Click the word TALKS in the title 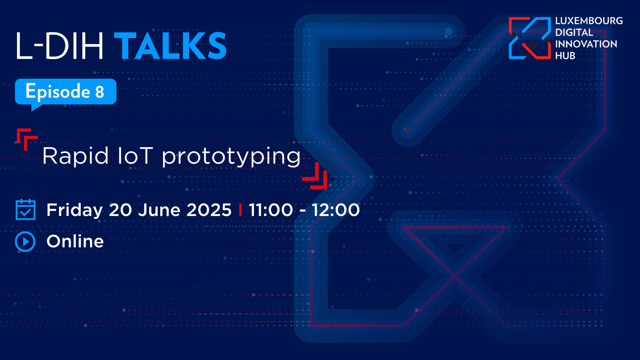170,46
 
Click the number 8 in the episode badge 100,92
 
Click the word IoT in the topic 135,156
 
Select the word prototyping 231,157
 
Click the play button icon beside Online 25,241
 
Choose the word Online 75,241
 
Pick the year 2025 209,210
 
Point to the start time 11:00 271,210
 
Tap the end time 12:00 336,210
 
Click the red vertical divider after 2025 240,210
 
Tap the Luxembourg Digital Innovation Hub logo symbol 530,38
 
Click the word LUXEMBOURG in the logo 589,21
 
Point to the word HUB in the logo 565,56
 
